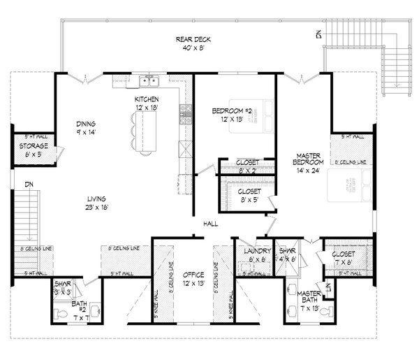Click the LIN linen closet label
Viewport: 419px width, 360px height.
pos(328,287)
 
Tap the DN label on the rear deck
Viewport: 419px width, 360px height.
pos(318,34)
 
